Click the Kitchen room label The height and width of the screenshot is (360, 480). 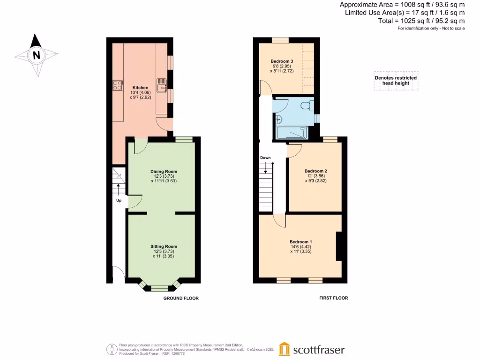tap(140, 88)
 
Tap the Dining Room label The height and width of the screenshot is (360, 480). tap(164, 172)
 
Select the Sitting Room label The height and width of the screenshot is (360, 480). tap(164, 247)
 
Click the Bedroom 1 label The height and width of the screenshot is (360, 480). tap(300, 242)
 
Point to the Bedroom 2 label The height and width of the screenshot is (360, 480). tap(315, 171)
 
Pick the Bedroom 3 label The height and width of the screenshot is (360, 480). tap(282, 61)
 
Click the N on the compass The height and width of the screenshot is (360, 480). tap(36, 55)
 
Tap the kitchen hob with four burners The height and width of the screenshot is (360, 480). tap(118, 86)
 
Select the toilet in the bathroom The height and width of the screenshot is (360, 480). tap(307, 105)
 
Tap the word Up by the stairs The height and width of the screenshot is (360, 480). tap(119, 200)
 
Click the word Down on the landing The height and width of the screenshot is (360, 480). tap(265, 157)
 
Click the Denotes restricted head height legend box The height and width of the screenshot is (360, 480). tap(396, 81)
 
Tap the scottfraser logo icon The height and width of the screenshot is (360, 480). tap(284, 349)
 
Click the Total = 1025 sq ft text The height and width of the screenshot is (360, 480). tap(421, 21)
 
